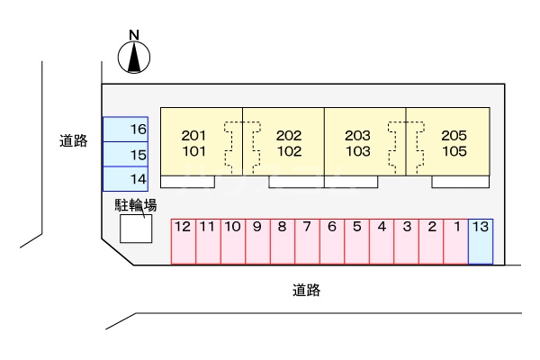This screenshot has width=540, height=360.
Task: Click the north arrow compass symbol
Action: pos(134,58)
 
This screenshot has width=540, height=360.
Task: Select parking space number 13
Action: pos(481,240)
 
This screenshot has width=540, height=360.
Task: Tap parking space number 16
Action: pos(125,130)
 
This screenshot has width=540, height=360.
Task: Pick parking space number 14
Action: pos(125,179)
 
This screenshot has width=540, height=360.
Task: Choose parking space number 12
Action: pos(183,240)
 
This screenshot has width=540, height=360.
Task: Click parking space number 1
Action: pos(456,240)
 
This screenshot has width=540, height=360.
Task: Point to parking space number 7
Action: pos(307,240)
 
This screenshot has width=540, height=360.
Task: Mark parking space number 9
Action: pos(257,240)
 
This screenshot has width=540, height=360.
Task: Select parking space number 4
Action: pos(382,240)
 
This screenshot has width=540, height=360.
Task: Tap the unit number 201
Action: pos(193,136)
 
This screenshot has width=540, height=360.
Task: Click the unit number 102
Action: pos(289,151)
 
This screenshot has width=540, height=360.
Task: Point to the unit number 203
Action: pos(358,136)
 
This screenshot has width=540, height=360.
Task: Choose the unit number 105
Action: pos(454,151)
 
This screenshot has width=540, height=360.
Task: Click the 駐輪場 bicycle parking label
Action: pos(136,205)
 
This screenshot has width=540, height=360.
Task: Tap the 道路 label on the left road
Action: pos(74,140)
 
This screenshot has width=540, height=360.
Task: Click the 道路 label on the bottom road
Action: pos(307,291)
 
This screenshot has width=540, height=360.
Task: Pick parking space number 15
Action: pos(125,155)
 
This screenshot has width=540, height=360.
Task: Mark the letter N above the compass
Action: pos(134,36)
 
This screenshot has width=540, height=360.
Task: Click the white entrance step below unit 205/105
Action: pos(461,181)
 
